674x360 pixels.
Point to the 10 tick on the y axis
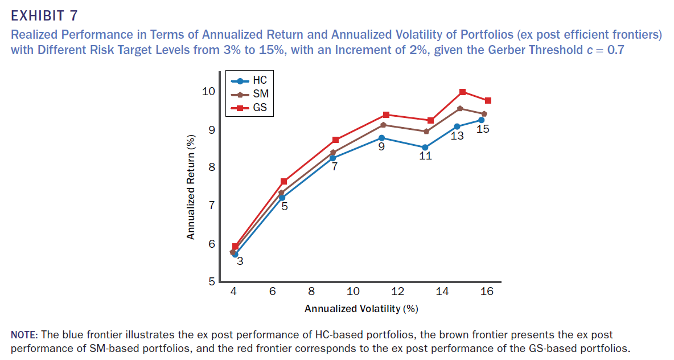(x=208, y=91)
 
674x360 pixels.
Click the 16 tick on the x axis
(x=487, y=292)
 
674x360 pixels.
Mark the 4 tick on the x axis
(x=233, y=292)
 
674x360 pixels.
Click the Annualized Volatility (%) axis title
(x=361, y=309)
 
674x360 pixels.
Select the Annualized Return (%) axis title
(x=191, y=187)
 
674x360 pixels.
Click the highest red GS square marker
(x=462, y=92)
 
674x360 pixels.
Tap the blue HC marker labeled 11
(x=425, y=147)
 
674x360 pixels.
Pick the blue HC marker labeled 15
(x=482, y=120)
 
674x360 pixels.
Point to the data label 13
(x=457, y=136)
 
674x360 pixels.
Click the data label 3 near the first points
(x=240, y=261)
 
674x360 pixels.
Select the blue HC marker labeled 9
(x=381, y=138)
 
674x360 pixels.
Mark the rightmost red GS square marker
(x=488, y=101)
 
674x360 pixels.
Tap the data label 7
(x=335, y=167)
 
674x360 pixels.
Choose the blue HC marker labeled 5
(x=282, y=197)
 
